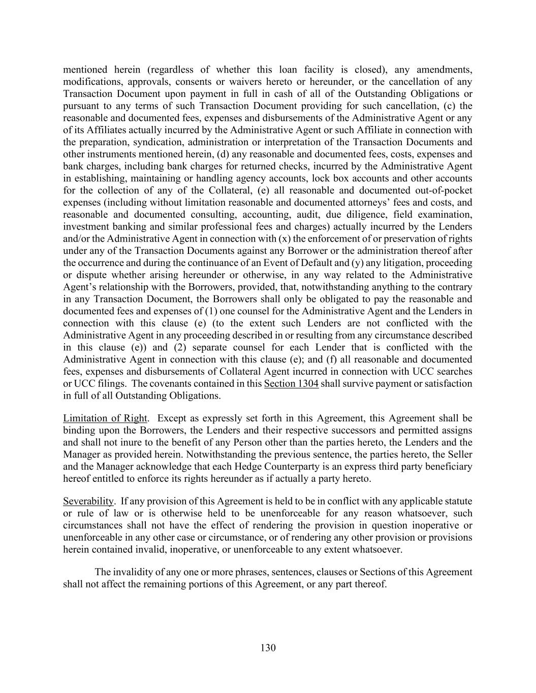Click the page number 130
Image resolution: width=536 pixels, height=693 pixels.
268,647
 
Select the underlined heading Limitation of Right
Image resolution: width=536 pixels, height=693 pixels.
105,418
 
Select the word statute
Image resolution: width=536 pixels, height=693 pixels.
456,502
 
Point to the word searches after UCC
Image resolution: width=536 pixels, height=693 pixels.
454,372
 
